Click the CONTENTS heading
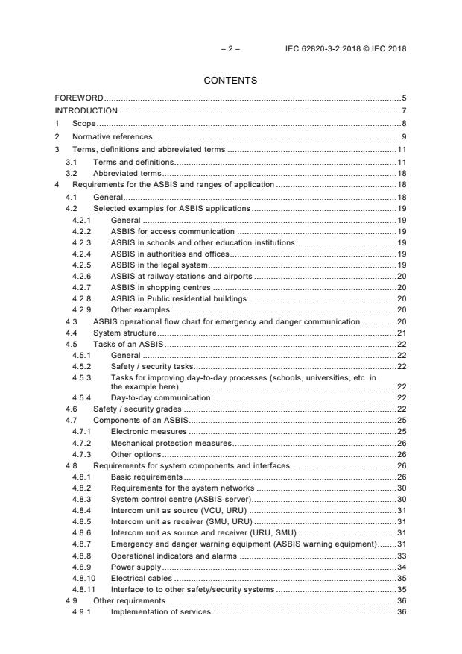[230, 81]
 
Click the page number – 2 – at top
[230, 49]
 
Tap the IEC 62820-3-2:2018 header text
[346, 49]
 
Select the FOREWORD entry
[79, 98]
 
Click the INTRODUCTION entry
[86, 111]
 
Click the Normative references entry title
[112, 137]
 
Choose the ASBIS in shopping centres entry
[160, 287]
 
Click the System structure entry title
[124, 333]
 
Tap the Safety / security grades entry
[137, 409]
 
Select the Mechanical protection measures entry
[171, 443]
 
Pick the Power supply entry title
[136, 567]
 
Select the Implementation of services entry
[160, 613]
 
